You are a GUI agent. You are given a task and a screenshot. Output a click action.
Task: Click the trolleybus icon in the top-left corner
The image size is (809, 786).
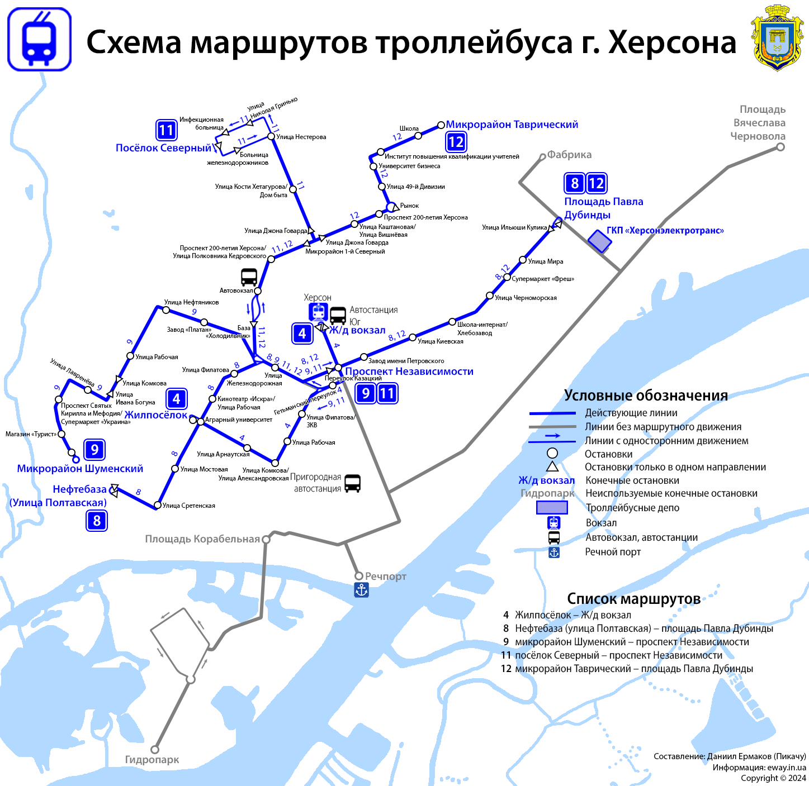39,39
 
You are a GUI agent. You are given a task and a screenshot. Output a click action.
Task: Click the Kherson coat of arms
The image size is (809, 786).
777,38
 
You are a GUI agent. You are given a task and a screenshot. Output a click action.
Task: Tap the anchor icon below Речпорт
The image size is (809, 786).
362,590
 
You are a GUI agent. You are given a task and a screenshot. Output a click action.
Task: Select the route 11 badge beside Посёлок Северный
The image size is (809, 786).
166,130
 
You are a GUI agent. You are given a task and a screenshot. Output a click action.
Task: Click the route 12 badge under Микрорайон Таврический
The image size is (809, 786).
456,142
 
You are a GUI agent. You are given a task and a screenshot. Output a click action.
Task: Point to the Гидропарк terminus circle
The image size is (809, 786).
155,749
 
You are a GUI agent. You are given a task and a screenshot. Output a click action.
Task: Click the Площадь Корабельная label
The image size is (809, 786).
202,539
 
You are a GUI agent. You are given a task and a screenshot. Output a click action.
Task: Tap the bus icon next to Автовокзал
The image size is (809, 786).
249,277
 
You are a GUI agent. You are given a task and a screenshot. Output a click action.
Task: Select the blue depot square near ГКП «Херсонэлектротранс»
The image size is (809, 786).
599,241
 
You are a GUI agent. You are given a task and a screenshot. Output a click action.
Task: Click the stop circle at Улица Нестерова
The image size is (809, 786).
271,136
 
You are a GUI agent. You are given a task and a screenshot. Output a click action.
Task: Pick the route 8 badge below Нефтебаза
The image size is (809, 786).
97,521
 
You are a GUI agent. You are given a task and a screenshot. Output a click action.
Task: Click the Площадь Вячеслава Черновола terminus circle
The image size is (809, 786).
780,147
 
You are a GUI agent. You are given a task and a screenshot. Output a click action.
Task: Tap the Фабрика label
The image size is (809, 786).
569,155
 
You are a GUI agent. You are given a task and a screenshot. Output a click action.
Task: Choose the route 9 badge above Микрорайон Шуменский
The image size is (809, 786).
94,449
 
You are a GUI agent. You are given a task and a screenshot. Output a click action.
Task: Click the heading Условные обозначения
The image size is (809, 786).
646,396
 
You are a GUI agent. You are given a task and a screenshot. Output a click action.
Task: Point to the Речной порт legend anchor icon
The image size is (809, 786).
553,552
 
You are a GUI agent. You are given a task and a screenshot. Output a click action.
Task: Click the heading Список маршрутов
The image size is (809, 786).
633,599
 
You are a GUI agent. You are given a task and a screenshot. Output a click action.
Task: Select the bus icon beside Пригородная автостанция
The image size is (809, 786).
352,483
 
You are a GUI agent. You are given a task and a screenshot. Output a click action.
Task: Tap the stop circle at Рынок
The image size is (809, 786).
391,207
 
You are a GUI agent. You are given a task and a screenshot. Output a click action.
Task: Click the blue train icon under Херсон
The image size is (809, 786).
318,312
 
